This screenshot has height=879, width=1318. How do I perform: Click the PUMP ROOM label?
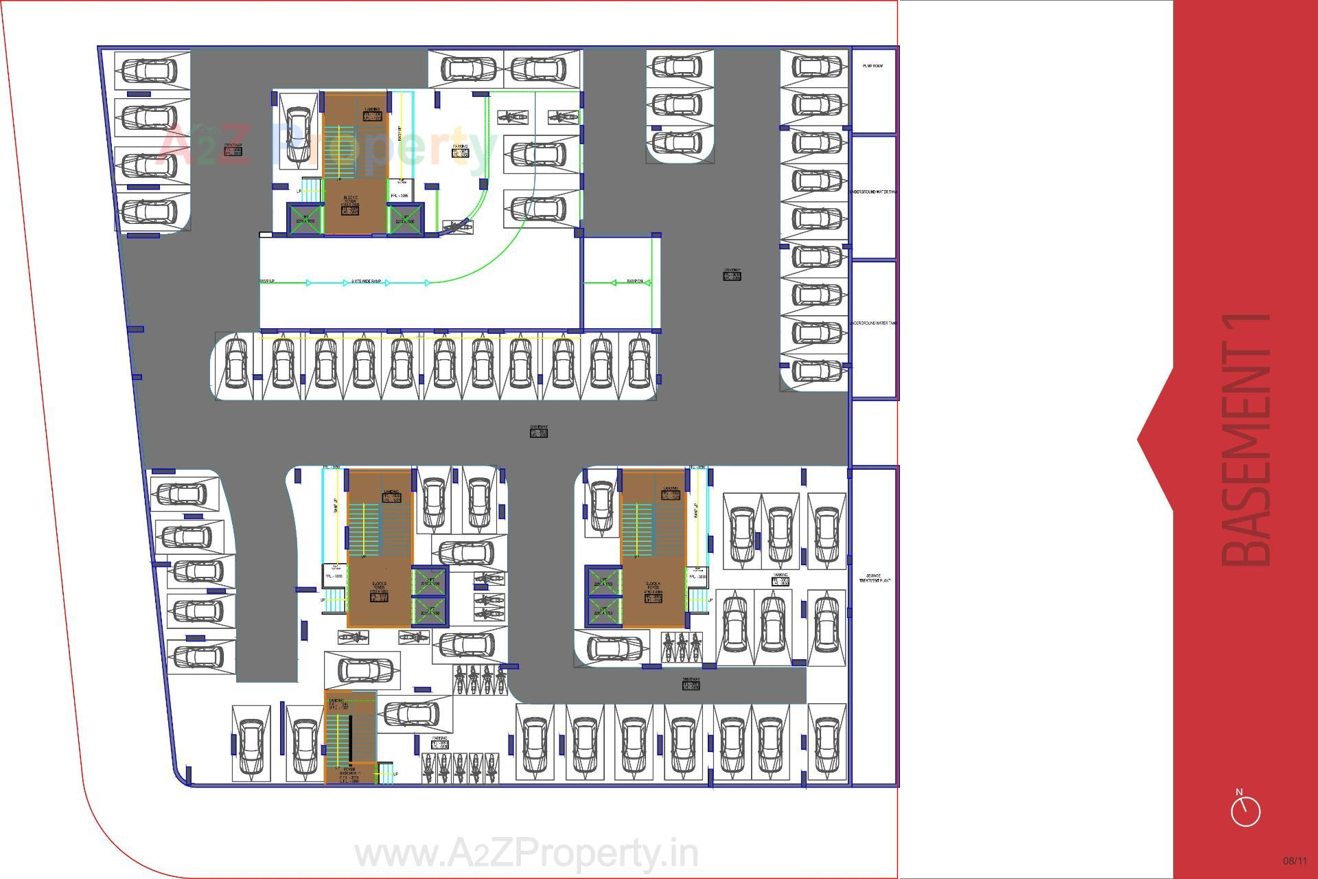[x=872, y=67]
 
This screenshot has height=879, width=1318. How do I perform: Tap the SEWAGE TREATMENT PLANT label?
[x=875, y=578]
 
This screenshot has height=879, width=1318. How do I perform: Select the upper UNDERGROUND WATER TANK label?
[x=873, y=192]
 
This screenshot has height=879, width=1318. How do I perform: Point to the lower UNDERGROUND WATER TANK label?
[x=873, y=323]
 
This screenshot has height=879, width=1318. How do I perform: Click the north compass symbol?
[x=1245, y=810]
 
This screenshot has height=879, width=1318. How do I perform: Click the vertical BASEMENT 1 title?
[x=1247, y=439]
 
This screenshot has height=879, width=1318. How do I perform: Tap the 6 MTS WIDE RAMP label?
[x=366, y=282]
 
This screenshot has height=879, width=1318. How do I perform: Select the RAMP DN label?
[x=634, y=282]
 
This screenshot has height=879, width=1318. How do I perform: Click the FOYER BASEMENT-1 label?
[x=349, y=774]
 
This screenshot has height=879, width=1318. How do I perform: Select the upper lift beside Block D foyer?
[x=430, y=582]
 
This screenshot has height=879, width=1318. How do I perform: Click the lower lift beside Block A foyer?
[x=603, y=611]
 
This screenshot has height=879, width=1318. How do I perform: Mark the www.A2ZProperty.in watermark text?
[x=526, y=854]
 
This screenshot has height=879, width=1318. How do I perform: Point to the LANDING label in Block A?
[x=671, y=492]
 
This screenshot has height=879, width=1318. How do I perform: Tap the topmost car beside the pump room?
[x=816, y=67]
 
